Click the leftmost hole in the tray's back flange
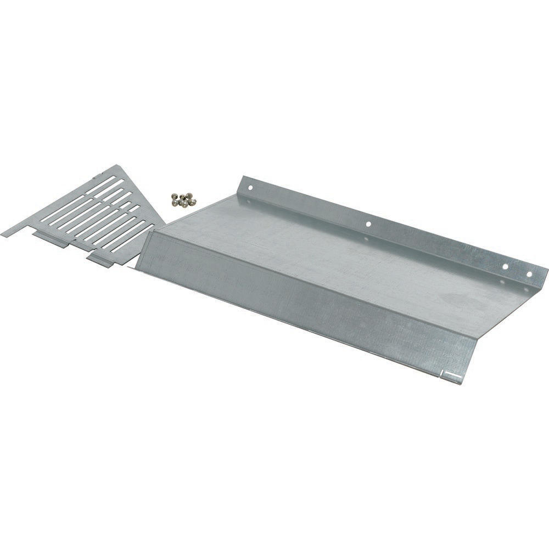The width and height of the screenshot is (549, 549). click(x=251, y=187)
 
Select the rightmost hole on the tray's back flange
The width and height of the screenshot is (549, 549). click(x=529, y=273)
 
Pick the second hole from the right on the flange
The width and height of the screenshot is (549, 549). click(x=506, y=266)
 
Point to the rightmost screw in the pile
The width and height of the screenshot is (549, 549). click(x=192, y=201)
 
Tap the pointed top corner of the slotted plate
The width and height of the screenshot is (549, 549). click(x=119, y=165)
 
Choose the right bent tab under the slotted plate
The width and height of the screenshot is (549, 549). click(x=104, y=258)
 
